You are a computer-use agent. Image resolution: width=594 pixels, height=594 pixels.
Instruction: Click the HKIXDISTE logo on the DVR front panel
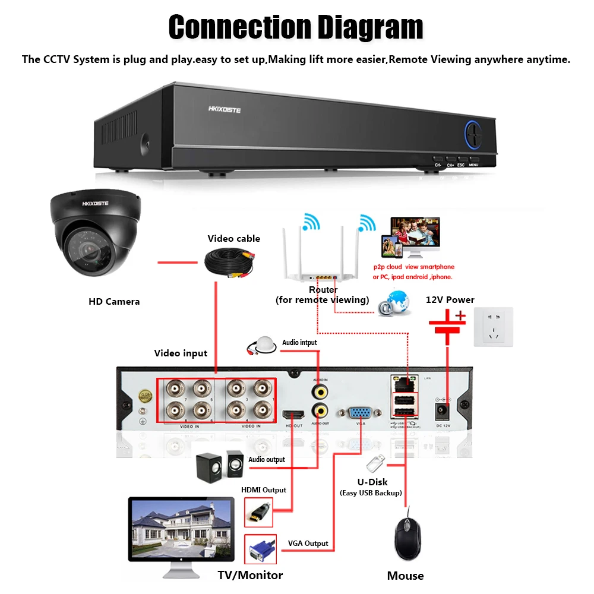[x=225, y=109]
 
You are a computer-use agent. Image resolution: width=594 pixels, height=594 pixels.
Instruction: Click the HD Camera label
[x=114, y=302]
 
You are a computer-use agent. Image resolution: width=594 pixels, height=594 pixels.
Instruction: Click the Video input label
[x=181, y=353]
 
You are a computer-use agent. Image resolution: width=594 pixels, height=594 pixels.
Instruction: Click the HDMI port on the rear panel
[x=293, y=413]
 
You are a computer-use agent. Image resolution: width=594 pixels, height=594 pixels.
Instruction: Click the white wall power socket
[x=492, y=327]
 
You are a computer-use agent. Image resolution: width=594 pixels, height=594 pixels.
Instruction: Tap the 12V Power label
[x=450, y=300]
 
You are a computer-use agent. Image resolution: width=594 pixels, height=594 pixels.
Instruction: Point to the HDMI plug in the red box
[x=259, y=511]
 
